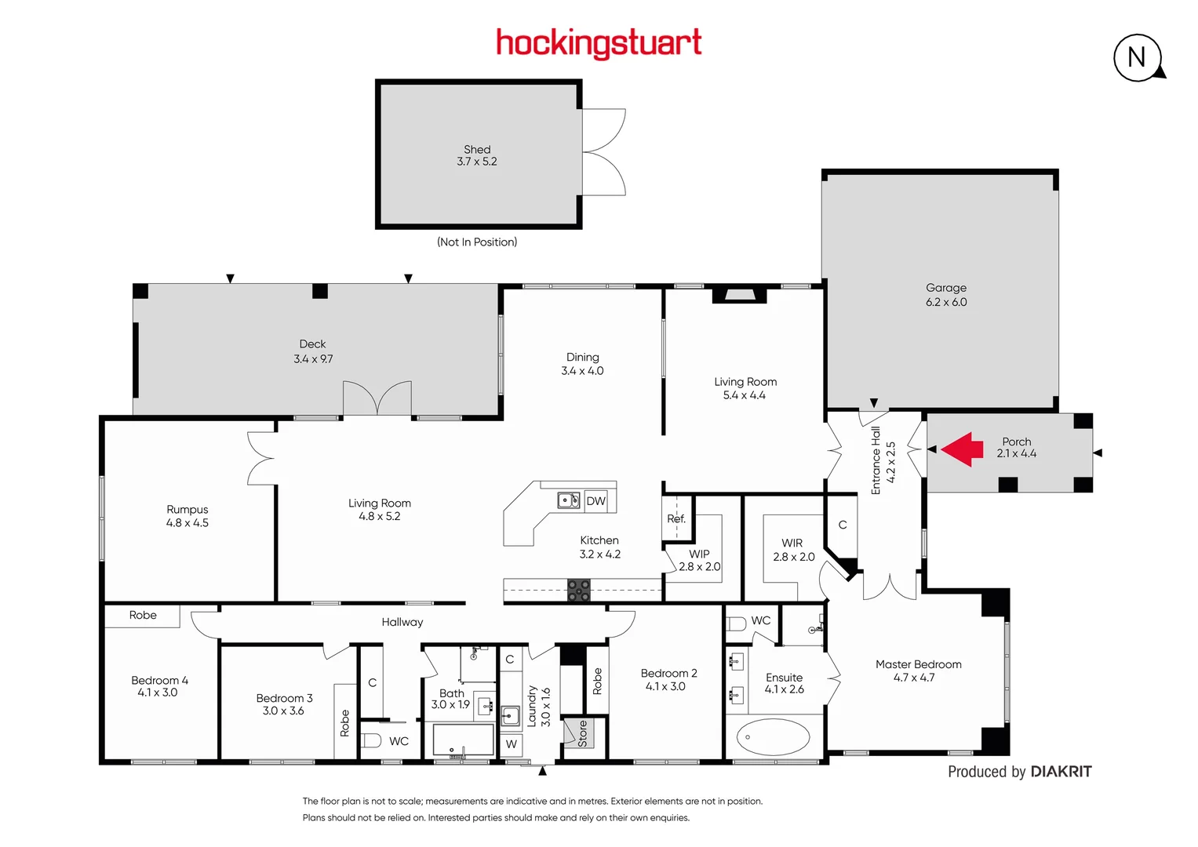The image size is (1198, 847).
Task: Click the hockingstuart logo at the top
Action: coord(599,43)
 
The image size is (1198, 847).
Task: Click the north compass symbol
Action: coord(1137,57)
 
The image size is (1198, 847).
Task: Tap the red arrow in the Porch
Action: coord(962,449)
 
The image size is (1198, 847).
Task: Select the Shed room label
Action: coord(477,149)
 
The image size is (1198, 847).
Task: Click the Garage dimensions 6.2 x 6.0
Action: coord(946,302)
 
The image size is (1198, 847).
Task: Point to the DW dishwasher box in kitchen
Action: coord(595,500)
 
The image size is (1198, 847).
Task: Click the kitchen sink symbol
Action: coord(568,500)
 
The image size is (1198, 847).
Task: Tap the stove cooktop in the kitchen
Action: coord(579,590)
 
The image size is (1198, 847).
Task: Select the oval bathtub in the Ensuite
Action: coord(773,737)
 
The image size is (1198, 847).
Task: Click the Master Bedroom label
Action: coord(918,664)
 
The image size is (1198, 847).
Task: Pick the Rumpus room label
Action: coord(187,509)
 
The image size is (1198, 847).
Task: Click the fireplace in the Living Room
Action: coord(739,295)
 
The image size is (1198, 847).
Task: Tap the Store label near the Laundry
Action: coord(583,733)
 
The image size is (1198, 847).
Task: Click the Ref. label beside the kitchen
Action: coord(676,518)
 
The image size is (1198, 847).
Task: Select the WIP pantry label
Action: coord(699,554)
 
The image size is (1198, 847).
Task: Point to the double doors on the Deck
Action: coord(377,398)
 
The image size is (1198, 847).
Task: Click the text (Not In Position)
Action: coord(477,242)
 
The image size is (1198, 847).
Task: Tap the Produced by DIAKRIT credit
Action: coord(1019,772)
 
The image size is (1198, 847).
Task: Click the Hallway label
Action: coord(402,622)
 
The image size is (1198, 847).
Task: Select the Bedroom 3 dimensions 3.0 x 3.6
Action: coord(283,711)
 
